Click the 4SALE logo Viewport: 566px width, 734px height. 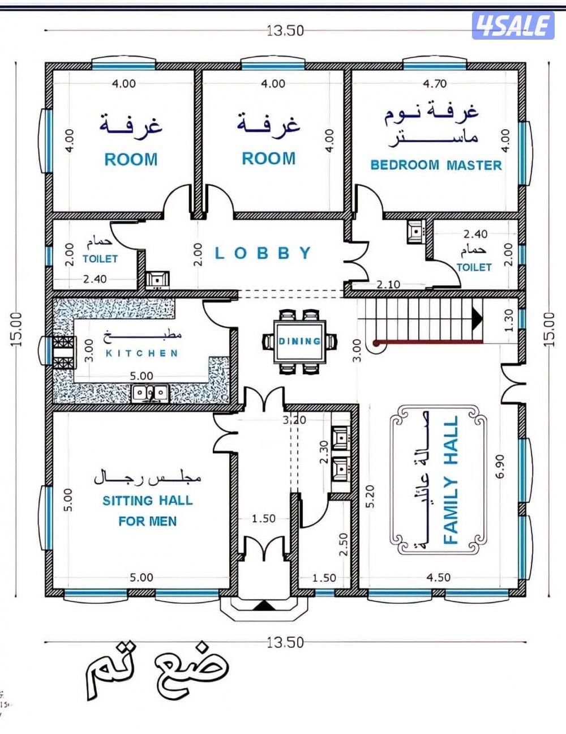513,25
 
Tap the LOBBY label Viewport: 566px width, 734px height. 264,253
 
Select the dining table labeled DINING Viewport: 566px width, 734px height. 299,341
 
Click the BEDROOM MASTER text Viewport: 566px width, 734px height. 436,165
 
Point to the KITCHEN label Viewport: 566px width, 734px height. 142,353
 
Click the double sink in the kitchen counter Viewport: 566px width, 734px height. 151,392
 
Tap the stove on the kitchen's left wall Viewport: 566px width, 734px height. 64,352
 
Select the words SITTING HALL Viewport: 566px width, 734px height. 147,501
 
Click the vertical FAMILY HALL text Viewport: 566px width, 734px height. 451,480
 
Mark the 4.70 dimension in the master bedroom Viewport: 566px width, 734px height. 435,84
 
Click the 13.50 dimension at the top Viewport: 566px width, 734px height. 285,31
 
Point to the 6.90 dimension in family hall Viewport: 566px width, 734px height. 499,466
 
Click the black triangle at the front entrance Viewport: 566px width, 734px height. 263,606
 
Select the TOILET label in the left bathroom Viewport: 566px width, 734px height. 100,259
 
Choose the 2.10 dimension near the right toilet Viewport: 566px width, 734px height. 389,285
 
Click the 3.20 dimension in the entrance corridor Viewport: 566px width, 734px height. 294,420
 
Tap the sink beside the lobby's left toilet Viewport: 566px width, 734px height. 157,279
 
